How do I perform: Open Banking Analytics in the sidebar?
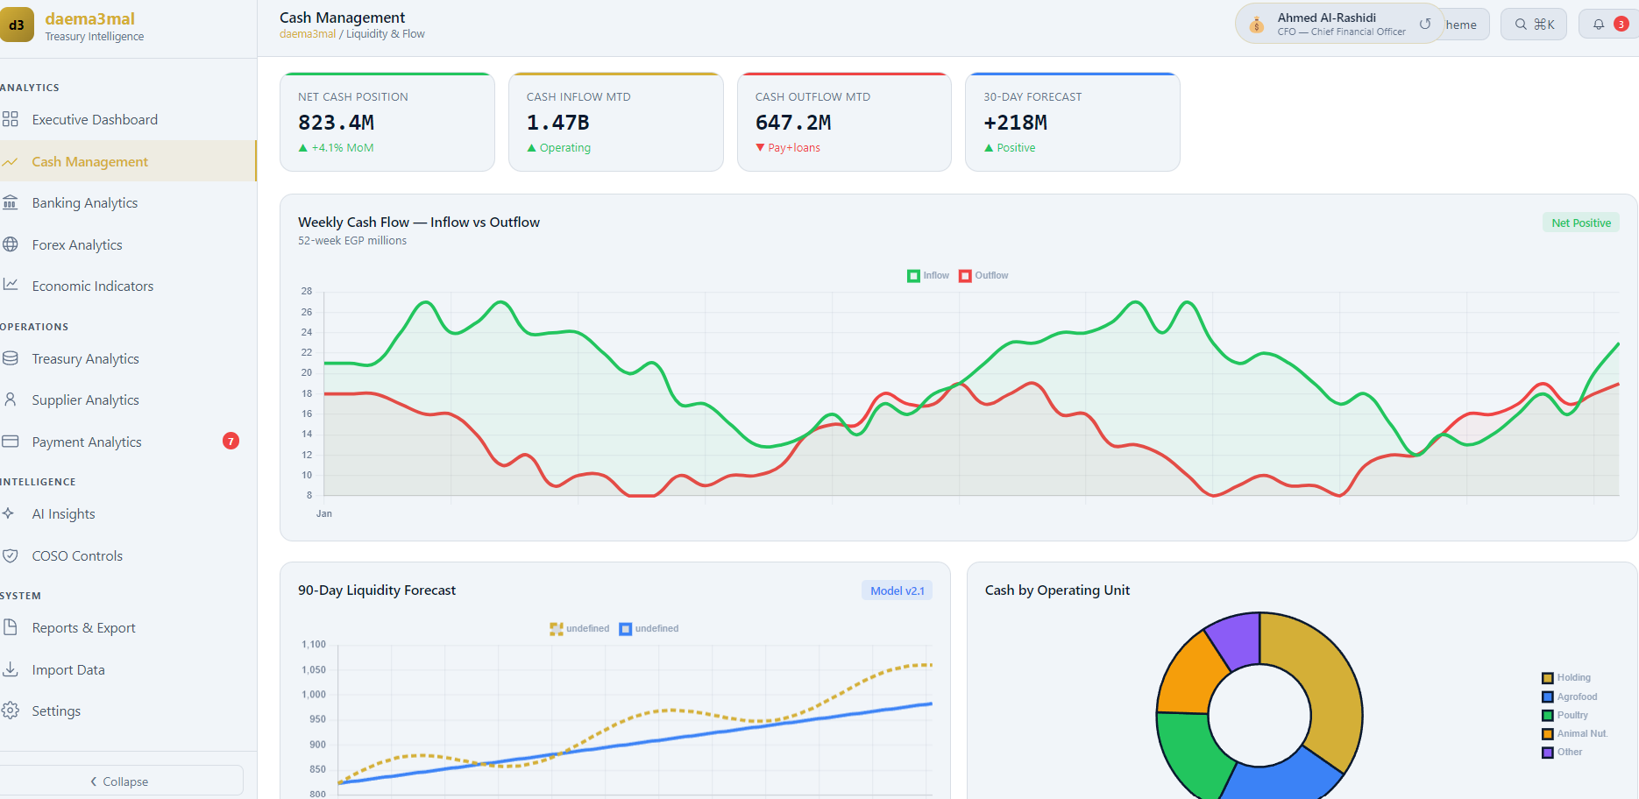click(x=85, y=203)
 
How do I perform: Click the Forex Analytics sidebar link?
click(x=77, y=245)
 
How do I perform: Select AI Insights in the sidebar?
click(x=63, y=514)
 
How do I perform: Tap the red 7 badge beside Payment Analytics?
click(x=231, y=442)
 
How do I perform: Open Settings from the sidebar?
click(x=56, y=711)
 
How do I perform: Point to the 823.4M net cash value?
click(x=336, y=123)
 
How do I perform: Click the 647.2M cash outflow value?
click(x=793, y=123)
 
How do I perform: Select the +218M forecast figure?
click(x=1015, y=123)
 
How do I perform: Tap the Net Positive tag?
click(x=1581, y=223)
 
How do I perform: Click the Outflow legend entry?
click(x=983, y=276)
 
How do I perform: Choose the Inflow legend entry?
click(x=928, y=276)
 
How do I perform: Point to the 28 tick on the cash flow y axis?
click(x=307, y=291)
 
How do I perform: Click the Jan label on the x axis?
click(x=324, y=513)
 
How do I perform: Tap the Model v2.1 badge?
click(x=897, y=590)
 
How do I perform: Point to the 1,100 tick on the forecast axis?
click(x=314, y=645)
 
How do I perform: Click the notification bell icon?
click(x=1599, y=25)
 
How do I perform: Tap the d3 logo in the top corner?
click(x=17, y=25)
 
